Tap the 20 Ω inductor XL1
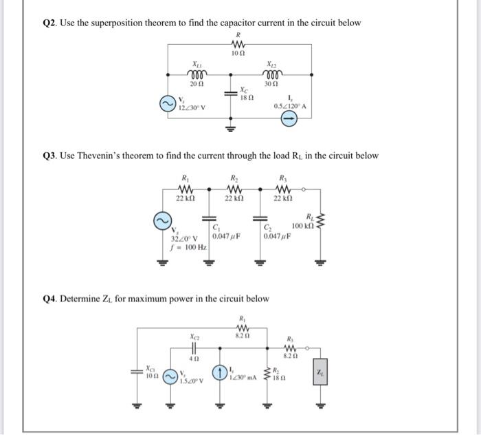pos(198,74)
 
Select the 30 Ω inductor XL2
pos(270,74)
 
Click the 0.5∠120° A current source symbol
pos(290,120)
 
